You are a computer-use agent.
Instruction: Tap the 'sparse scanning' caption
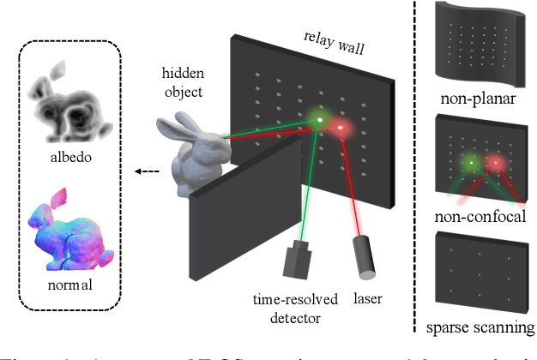pos(480,327)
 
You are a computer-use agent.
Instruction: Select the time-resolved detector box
pos(298,260)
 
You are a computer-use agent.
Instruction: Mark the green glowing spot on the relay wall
pos(321,120)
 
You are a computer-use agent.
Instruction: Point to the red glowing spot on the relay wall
pos(341,129)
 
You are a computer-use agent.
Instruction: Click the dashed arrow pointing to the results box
pos(148,171)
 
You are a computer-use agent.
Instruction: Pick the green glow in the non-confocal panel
pos(471,160)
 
